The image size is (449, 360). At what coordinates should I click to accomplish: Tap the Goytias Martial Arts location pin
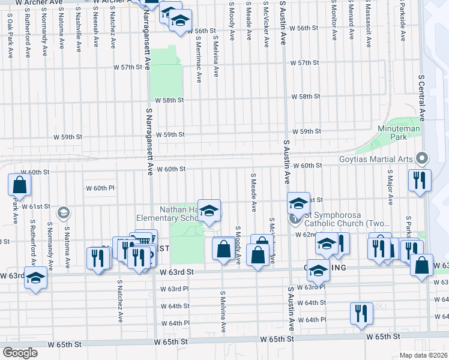422,158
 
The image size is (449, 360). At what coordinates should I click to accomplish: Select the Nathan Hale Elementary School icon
209,211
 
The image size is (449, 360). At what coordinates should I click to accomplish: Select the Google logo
20,352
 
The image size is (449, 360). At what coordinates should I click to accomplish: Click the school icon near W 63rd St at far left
36,278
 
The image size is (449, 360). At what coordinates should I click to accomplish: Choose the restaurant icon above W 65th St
361,313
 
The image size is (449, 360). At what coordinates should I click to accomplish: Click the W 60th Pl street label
100,188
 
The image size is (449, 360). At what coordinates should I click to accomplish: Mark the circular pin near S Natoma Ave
62,212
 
